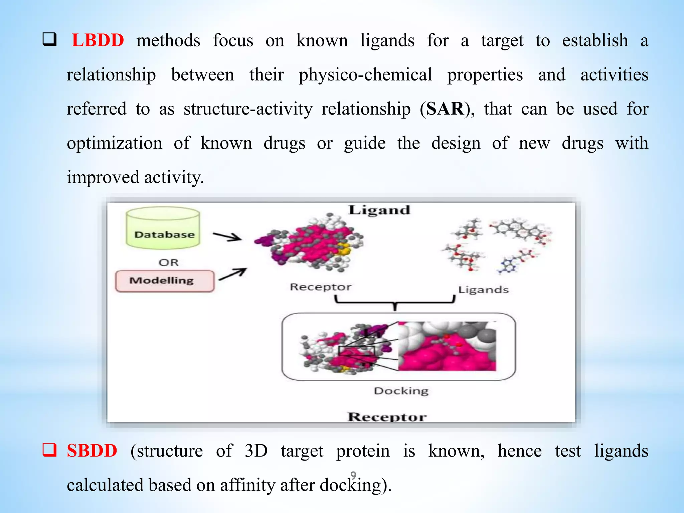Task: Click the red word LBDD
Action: (x=98, y=40)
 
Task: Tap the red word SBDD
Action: (x=92, y=451)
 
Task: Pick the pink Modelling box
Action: (x=164, y=281)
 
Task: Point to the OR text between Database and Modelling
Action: (x=169, y=263)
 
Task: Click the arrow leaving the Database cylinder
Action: (x=227, y=236)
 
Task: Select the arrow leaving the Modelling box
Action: (x=233, y=274)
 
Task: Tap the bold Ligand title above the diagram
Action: (x=379, y=210)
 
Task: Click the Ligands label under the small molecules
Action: (x=483, y=290)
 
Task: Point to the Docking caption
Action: (x=401, y=391)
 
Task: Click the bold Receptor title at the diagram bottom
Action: (x=387, y=417)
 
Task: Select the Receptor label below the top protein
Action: (x=321, y=287)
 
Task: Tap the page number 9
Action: (x=353, y=475)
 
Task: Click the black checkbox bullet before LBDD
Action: (x=49, y=40)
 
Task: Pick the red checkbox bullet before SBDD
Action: (x=49, y=450)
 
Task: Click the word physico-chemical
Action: (x=365, y=75)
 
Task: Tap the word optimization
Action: (x=115, y=143)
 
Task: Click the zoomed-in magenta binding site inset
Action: (x=447, y=346)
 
